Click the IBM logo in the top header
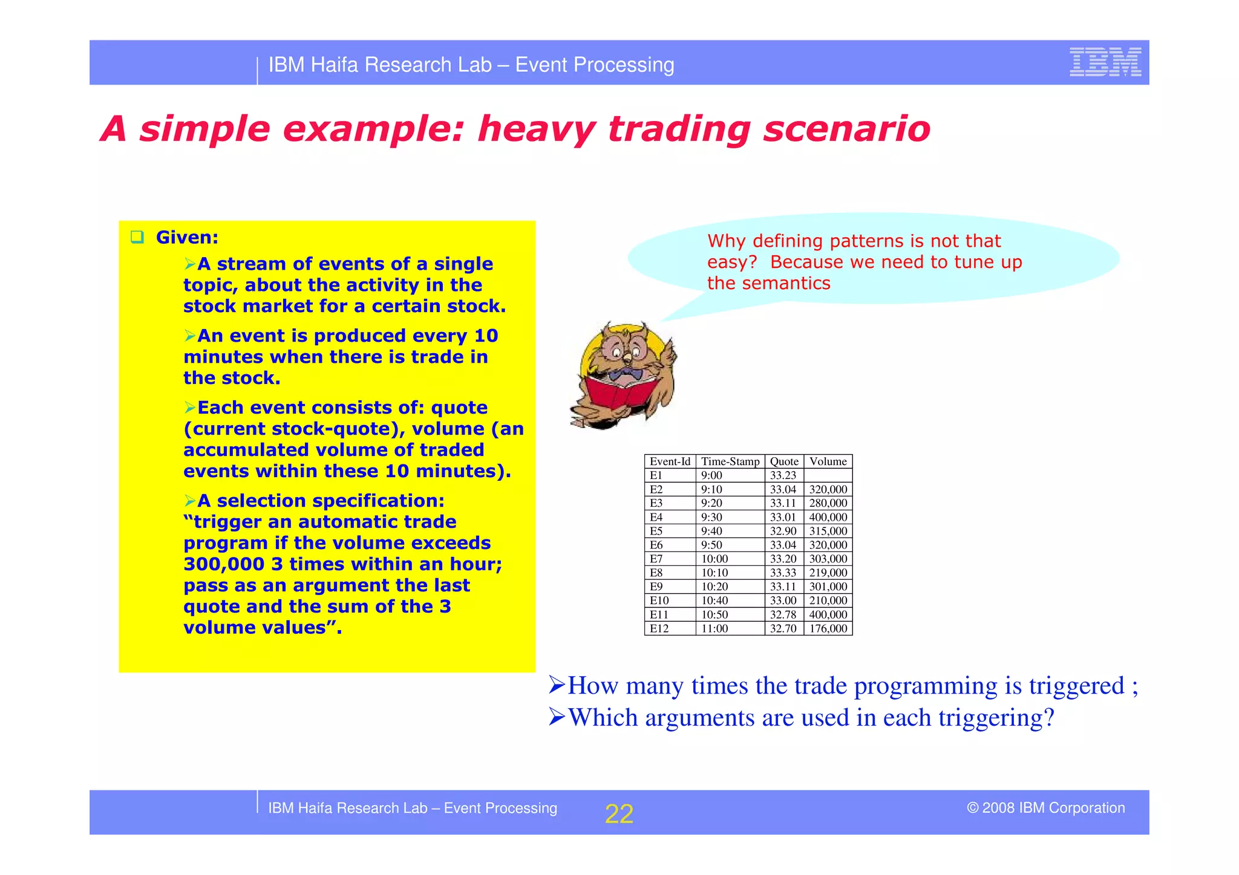coord(1105,62)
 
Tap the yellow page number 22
coord(619,814)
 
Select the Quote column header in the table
coord(784,461)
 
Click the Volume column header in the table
coord(828,461)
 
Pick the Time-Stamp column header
coord(730,461)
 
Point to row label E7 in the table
coord(656,559)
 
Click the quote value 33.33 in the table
coord(783,573)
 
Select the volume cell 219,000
coord(828,573)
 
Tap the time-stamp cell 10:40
coord(714,600)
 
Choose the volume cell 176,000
coord(828,628)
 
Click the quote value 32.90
coord(783,531)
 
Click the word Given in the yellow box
coord(186,237)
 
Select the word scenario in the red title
coord(846,129)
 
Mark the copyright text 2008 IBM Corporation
coord(1053,808)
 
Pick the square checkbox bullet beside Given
coord(137,237)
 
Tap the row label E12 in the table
coord(659,628)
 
